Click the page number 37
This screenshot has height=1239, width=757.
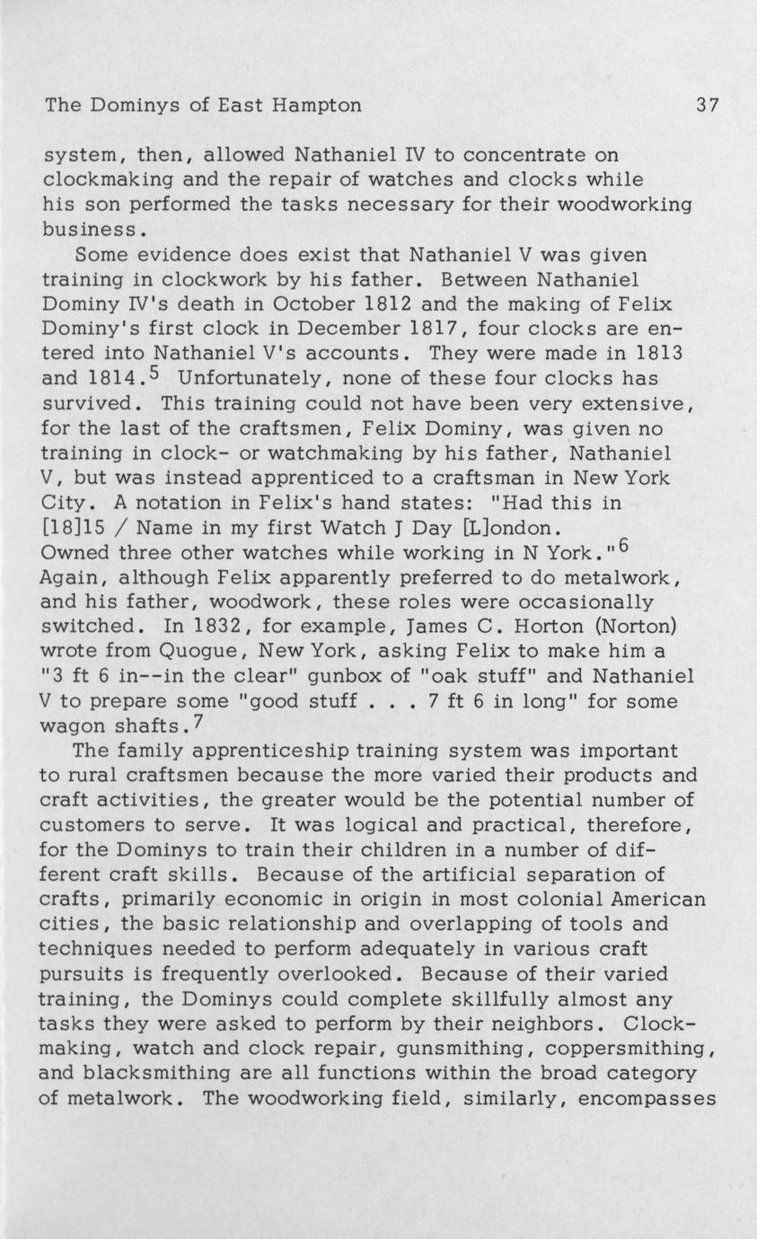point(707,106)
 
